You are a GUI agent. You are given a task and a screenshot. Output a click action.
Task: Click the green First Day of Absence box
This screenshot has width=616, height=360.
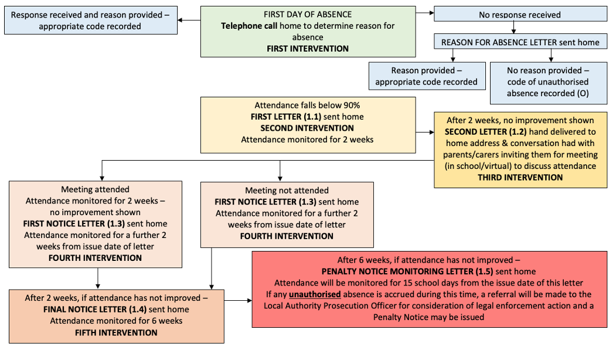pos(308,32)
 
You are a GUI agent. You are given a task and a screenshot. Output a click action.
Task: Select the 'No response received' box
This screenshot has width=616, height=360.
pos(520,13)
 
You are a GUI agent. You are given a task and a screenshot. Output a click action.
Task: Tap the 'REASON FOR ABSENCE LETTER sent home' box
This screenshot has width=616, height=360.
pos(520,42)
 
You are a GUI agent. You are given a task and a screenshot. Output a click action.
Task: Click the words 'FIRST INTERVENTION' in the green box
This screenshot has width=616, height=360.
pos(308,49)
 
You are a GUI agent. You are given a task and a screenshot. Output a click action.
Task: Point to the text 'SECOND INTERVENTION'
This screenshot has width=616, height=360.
pos(307,128)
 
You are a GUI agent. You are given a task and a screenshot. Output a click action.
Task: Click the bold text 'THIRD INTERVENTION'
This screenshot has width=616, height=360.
pos(520,178)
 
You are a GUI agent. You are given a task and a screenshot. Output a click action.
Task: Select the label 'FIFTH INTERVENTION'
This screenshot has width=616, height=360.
pos(116,332)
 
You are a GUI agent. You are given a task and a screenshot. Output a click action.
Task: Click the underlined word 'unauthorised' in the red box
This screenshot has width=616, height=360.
pos(315,294)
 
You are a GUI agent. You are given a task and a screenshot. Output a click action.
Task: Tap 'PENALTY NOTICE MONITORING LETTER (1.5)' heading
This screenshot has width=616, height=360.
pos(407,271)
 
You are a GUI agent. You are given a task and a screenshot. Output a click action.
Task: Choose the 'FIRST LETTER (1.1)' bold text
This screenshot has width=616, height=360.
pos(286,117)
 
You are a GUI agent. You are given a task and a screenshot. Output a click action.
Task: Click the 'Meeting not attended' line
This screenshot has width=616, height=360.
pos(287,191)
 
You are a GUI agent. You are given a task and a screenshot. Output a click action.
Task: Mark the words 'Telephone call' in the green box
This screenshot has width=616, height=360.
pos(249,26)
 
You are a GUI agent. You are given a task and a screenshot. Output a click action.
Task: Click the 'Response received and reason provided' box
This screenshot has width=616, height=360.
pos(91,20)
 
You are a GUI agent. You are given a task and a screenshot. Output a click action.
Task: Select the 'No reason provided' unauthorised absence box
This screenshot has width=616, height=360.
pos(549,83)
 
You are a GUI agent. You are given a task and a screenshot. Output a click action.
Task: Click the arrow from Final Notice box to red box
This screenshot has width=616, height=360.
pos(238,301)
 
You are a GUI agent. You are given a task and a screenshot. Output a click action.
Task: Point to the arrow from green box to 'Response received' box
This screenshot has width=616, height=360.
pos(189,20)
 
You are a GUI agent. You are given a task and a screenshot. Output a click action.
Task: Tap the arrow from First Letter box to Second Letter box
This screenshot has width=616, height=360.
pos(425,133)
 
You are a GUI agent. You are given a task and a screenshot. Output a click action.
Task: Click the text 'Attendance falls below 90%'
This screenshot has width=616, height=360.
pos(307,106)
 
